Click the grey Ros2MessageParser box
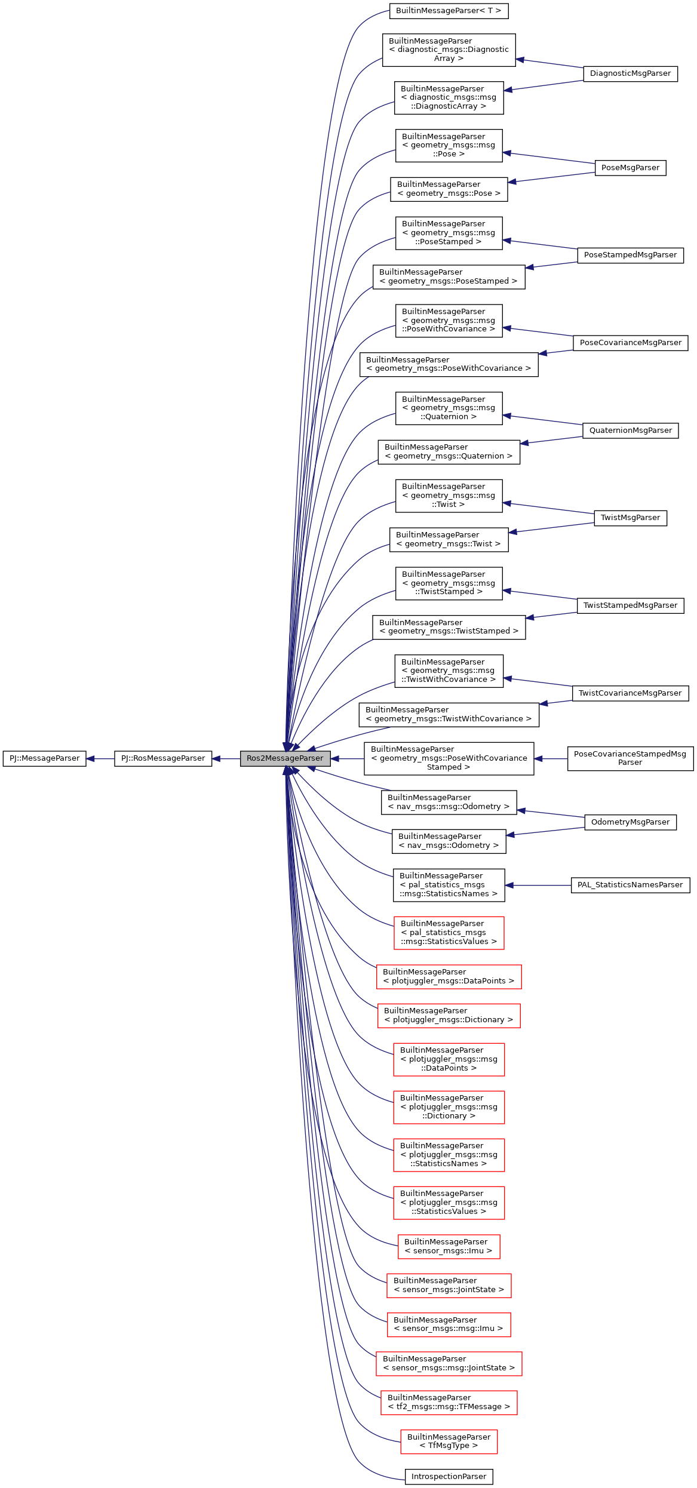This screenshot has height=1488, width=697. point(285,758)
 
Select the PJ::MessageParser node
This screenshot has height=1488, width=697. point(44,758)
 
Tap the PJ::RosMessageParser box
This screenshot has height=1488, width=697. point(163,758)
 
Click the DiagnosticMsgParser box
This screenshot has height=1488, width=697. point(630,73)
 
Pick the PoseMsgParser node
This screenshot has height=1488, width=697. point(630,168)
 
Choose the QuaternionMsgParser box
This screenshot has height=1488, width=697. point(630,431)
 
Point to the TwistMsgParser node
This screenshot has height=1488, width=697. point(630,518)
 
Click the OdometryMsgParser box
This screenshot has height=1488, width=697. point(630,822)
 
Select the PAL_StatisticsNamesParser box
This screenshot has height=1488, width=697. point(630,885)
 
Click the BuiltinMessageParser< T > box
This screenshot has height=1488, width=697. point(449,11)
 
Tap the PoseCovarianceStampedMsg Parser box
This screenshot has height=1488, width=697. point(630,758)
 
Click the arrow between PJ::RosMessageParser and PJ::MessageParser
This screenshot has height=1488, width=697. point(100,759)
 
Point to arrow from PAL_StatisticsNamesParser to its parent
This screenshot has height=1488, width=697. point(538,885)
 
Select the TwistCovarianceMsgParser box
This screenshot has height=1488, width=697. point(630,693)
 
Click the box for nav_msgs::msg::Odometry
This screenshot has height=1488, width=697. point(449,802)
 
